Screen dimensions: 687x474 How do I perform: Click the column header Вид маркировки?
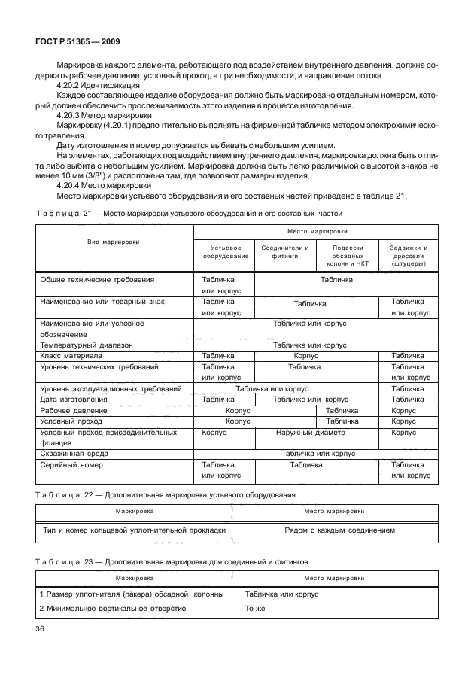coord(114,242)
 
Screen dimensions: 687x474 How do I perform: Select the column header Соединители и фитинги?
coord(284,251)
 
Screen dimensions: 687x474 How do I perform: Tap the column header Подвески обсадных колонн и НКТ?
coord(347,256)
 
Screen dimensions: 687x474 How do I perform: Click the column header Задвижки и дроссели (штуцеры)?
coord(409,256)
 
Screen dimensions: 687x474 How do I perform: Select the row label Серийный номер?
coord(73,465)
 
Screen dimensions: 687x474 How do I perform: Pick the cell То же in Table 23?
coord(256,608)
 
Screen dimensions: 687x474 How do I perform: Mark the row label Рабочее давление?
coord(74,411)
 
